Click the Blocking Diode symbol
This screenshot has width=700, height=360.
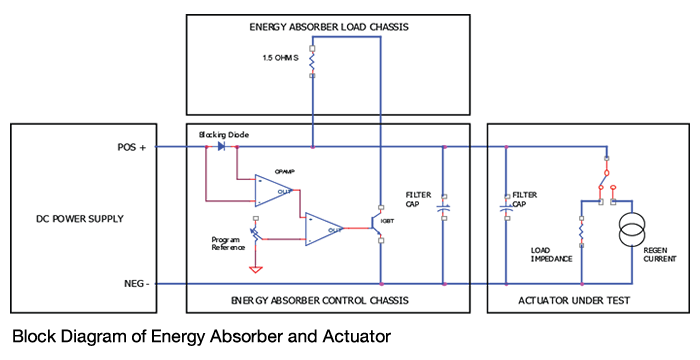pyautogui.click(x=220, y=147)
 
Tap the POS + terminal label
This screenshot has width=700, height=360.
pyautogui.click(x=131, y=147)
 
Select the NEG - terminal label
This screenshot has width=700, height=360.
pyautogui.click(x=132, y=283)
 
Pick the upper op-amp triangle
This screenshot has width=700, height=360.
pyautogui.click(x=271, y=188)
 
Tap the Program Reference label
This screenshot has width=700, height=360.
pyautogui.click(x=227, y=244)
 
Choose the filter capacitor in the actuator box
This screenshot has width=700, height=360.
pyautogui.click(x=506, y=207)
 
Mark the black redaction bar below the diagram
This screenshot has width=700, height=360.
pyautogui.click(x=223, y=336)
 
